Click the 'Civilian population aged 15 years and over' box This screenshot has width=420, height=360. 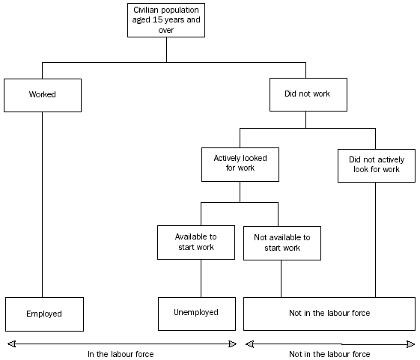(166, 21)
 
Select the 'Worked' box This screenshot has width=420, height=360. (42, 95)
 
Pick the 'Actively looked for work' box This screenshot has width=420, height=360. (240, 163)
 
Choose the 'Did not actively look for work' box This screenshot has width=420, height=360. (375, 164)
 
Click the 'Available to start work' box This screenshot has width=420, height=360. (196, 242)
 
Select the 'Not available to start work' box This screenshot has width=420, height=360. (281, 242)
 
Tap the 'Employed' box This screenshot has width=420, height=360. (44, 314)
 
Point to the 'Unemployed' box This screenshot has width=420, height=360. (196, 313)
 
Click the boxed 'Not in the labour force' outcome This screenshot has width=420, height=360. (329, 314)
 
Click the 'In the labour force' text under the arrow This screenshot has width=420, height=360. (121, 354)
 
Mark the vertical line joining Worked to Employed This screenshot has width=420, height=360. (42, 202)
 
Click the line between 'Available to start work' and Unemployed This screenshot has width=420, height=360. (201, 278)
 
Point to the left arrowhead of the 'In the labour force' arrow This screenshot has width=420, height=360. (10, 344)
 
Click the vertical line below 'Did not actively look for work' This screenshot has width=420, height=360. (375, 240)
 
